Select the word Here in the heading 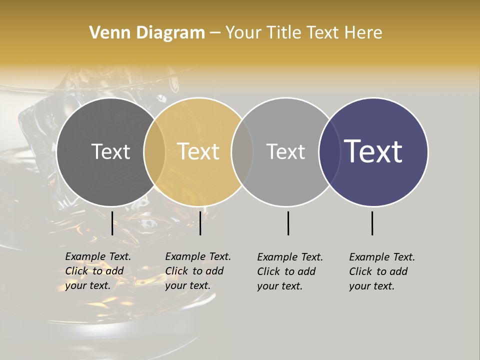tap(363, 33)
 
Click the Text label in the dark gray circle tap(110, 151)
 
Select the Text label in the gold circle tap(198, 151)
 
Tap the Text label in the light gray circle tap(285, 151)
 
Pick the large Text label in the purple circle tap(373, 151)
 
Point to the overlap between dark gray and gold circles tap(154, 152)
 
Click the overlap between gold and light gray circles tap(242, 152)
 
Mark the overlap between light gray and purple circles tap(329, 152)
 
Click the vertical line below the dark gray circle tap(112, 223)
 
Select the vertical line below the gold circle tap(200, 223)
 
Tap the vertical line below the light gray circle tap(288, 223)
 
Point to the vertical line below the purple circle tap(372, 223)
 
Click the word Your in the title tap(242, 33)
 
